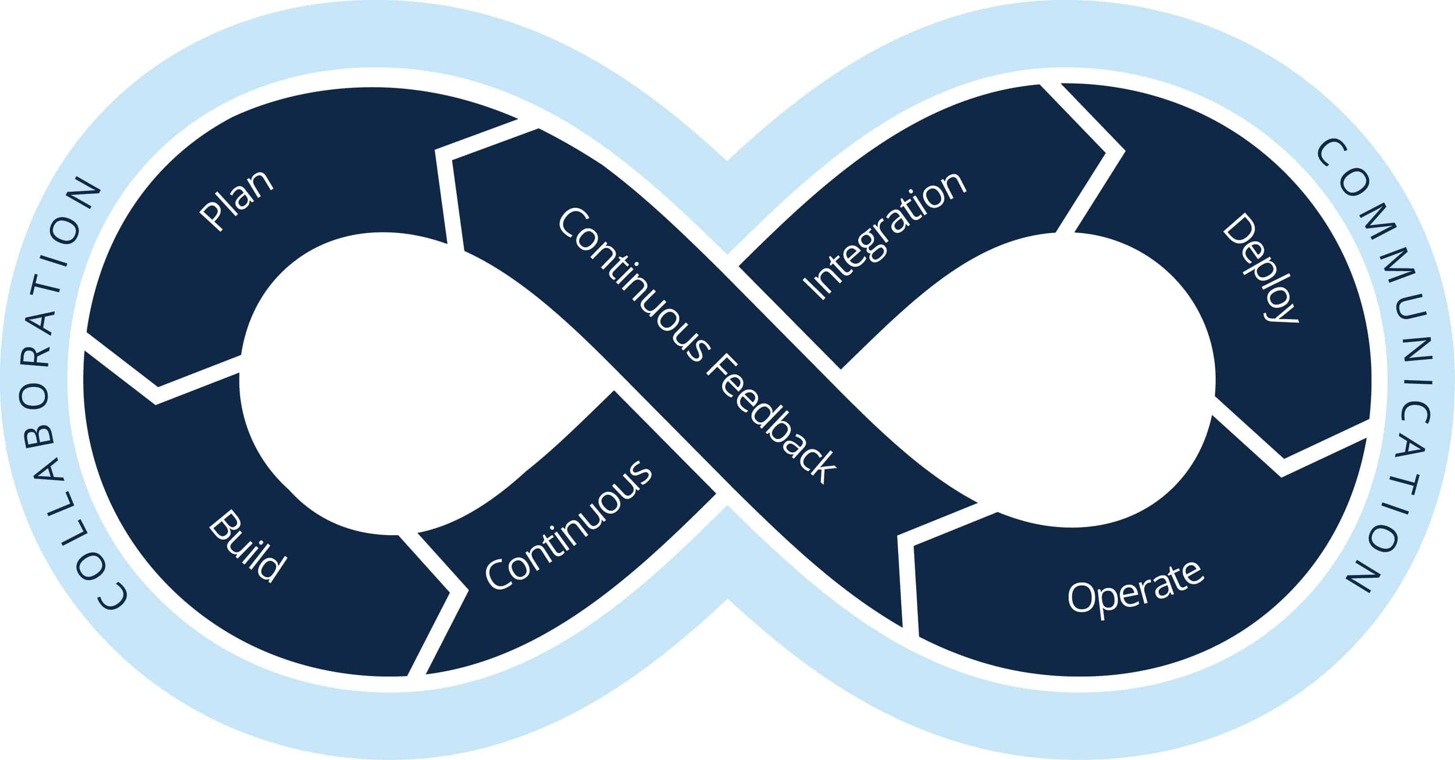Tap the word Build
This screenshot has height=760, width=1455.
(x=247, y=546)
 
